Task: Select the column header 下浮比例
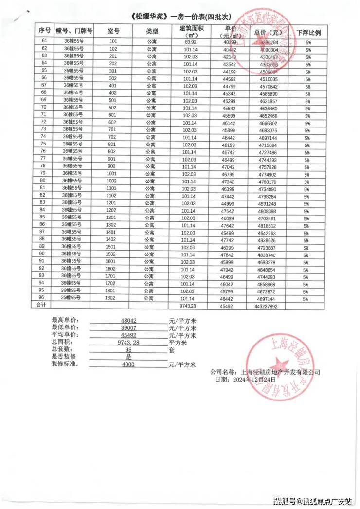[x=308, y=32]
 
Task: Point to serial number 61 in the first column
[x=44, y=42]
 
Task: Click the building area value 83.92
[x=189, y=42]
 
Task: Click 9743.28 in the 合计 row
[x=188, y=306]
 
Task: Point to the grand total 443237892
[x=266, y=306]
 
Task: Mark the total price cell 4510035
[x=266, y=78]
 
